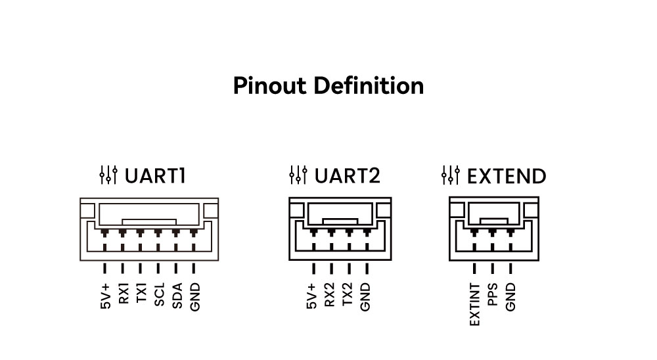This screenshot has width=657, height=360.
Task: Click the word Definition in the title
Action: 369,85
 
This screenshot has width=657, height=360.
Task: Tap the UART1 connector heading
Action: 155,175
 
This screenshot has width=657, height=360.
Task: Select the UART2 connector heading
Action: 348,175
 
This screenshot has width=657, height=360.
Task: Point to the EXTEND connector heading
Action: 507,176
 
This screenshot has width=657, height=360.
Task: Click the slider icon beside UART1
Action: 108,175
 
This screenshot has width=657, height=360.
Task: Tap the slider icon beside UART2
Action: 298,175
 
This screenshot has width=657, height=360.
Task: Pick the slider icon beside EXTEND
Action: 451,175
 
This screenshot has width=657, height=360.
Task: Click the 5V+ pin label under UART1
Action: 106,296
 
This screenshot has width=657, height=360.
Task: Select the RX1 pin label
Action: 124,293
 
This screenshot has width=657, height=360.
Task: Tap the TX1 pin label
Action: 142,292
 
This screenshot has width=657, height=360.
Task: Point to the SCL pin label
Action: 159,294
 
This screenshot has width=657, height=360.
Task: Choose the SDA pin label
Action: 177,296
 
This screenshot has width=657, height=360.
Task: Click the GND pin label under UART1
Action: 195,297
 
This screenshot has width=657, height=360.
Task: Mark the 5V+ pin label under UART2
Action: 311,296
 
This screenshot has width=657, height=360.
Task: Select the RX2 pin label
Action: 330,294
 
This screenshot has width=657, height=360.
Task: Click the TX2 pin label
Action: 348,294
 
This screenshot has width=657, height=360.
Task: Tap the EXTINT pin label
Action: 475,304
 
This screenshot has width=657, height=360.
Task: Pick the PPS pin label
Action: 493,294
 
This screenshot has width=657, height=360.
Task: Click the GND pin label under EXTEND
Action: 510,297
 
